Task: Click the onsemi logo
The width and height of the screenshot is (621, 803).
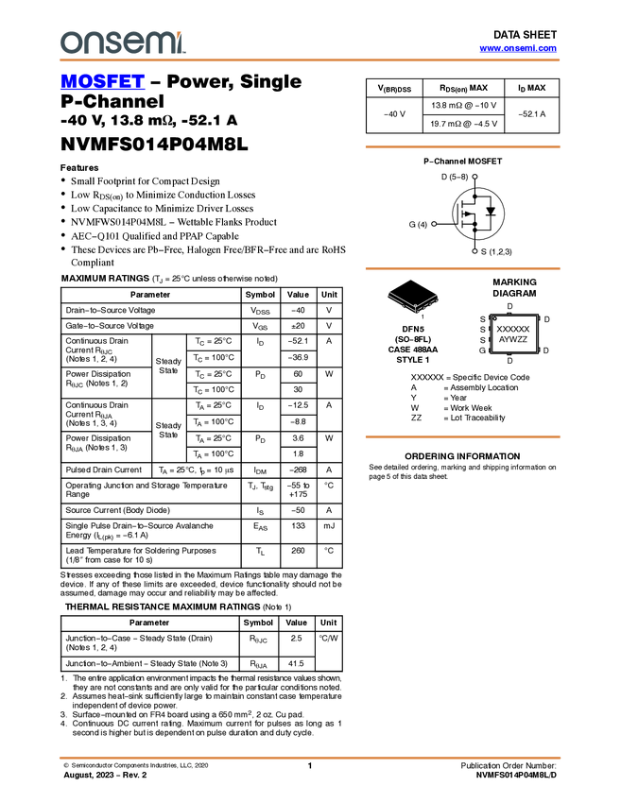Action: pos(123,43)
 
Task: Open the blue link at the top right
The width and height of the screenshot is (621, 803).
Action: pos(518,48)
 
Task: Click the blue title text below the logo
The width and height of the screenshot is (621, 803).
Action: pos(102,81)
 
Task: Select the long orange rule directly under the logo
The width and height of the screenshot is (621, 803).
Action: pos(310,60)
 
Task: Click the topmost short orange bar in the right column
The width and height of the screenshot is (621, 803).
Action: pos(462,146)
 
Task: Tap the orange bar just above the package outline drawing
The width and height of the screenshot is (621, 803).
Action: pos(462,269)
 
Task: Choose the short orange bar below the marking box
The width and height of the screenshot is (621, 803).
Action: pos(462,436)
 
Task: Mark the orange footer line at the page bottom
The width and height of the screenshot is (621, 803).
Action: pos(310,758)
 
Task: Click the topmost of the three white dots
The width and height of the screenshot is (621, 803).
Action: pos(474,177)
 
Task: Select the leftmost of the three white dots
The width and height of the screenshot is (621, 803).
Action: pos(434,224)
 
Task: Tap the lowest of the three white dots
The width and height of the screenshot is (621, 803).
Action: pos(474,251)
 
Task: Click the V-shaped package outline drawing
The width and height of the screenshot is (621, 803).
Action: pos(413,302)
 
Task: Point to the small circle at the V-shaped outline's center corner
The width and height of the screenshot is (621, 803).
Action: pos(414,309)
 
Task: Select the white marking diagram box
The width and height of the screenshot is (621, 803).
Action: pos(514,334)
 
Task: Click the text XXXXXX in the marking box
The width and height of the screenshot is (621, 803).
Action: pos(513,329)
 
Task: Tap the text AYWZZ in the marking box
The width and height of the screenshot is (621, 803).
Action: pos(513,339)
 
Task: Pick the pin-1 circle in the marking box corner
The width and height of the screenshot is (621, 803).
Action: pos(494,318)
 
